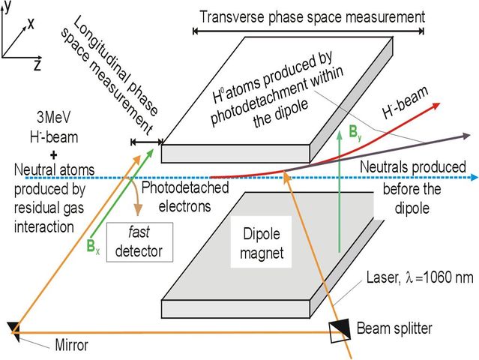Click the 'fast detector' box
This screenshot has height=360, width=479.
139,242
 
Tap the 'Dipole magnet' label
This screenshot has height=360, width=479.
262,244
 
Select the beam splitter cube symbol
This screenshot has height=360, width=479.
339,331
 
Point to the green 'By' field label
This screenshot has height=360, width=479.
355,133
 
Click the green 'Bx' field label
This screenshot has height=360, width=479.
93,246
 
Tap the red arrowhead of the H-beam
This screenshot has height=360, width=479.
435,106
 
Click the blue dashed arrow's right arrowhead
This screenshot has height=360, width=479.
475,177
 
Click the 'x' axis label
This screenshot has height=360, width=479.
31,23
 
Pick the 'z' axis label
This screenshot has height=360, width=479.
37,64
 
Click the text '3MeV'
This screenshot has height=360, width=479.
54,118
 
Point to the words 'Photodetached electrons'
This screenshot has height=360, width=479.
185,196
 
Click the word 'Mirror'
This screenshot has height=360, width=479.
71,345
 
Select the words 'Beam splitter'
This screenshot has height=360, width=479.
394,328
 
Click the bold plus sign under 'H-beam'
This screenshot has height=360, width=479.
54,155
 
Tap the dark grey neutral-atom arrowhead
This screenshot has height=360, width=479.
466,136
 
